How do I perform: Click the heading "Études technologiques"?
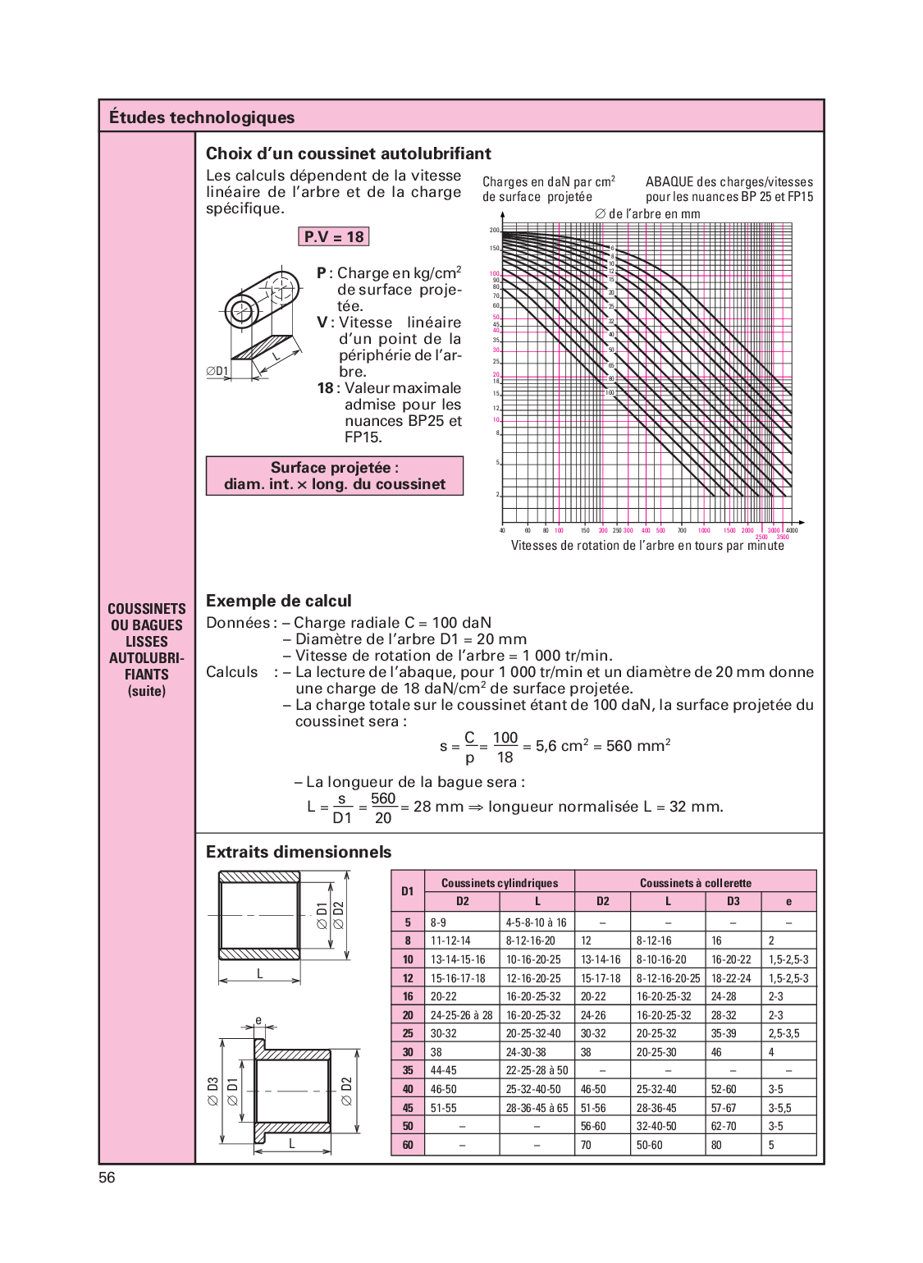[x=202, y=117]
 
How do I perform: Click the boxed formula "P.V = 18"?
[x=333, y=237]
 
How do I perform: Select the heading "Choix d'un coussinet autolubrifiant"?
[x=348, y=153]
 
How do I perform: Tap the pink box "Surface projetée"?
[x=334, y=476]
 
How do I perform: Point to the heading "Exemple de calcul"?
[x=278, y=601]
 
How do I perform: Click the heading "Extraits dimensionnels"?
[x=299, y=852]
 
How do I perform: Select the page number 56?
[x=107, y=1178]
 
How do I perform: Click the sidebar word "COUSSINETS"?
[x=147, y=609]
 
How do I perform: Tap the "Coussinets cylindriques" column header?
[x=499, y=883]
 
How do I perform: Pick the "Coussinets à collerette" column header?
[x=695, y=883]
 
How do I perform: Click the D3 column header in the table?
[x=733, y=901]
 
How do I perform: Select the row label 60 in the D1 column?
[x=408, y=1145]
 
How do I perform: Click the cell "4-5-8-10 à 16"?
[x=536, y=922]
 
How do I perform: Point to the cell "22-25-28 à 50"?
[x=537, y=1070]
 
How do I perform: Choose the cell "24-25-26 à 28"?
[x=461, y=1015]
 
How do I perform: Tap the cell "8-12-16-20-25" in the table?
[x=668, y=978]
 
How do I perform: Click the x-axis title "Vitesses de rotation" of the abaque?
[x=647, y=546]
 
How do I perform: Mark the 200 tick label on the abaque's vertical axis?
[x=495, y=231]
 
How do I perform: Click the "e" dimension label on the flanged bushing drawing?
[x=258, y=1021]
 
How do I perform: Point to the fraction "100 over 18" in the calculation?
[x=505, y=747]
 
